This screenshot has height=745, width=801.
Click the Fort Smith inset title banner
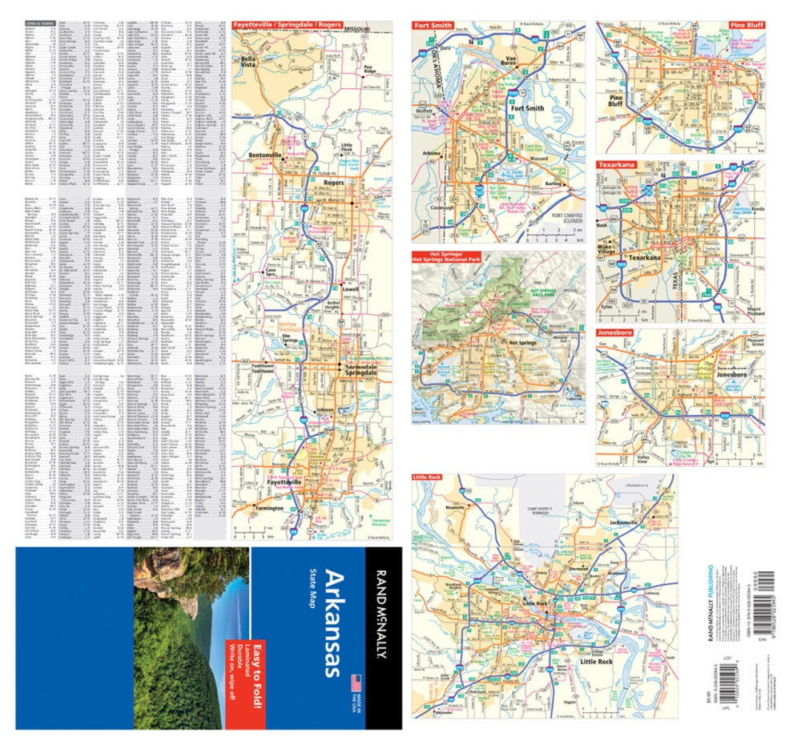[433, 26]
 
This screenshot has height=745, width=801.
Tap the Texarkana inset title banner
[616, 164]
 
